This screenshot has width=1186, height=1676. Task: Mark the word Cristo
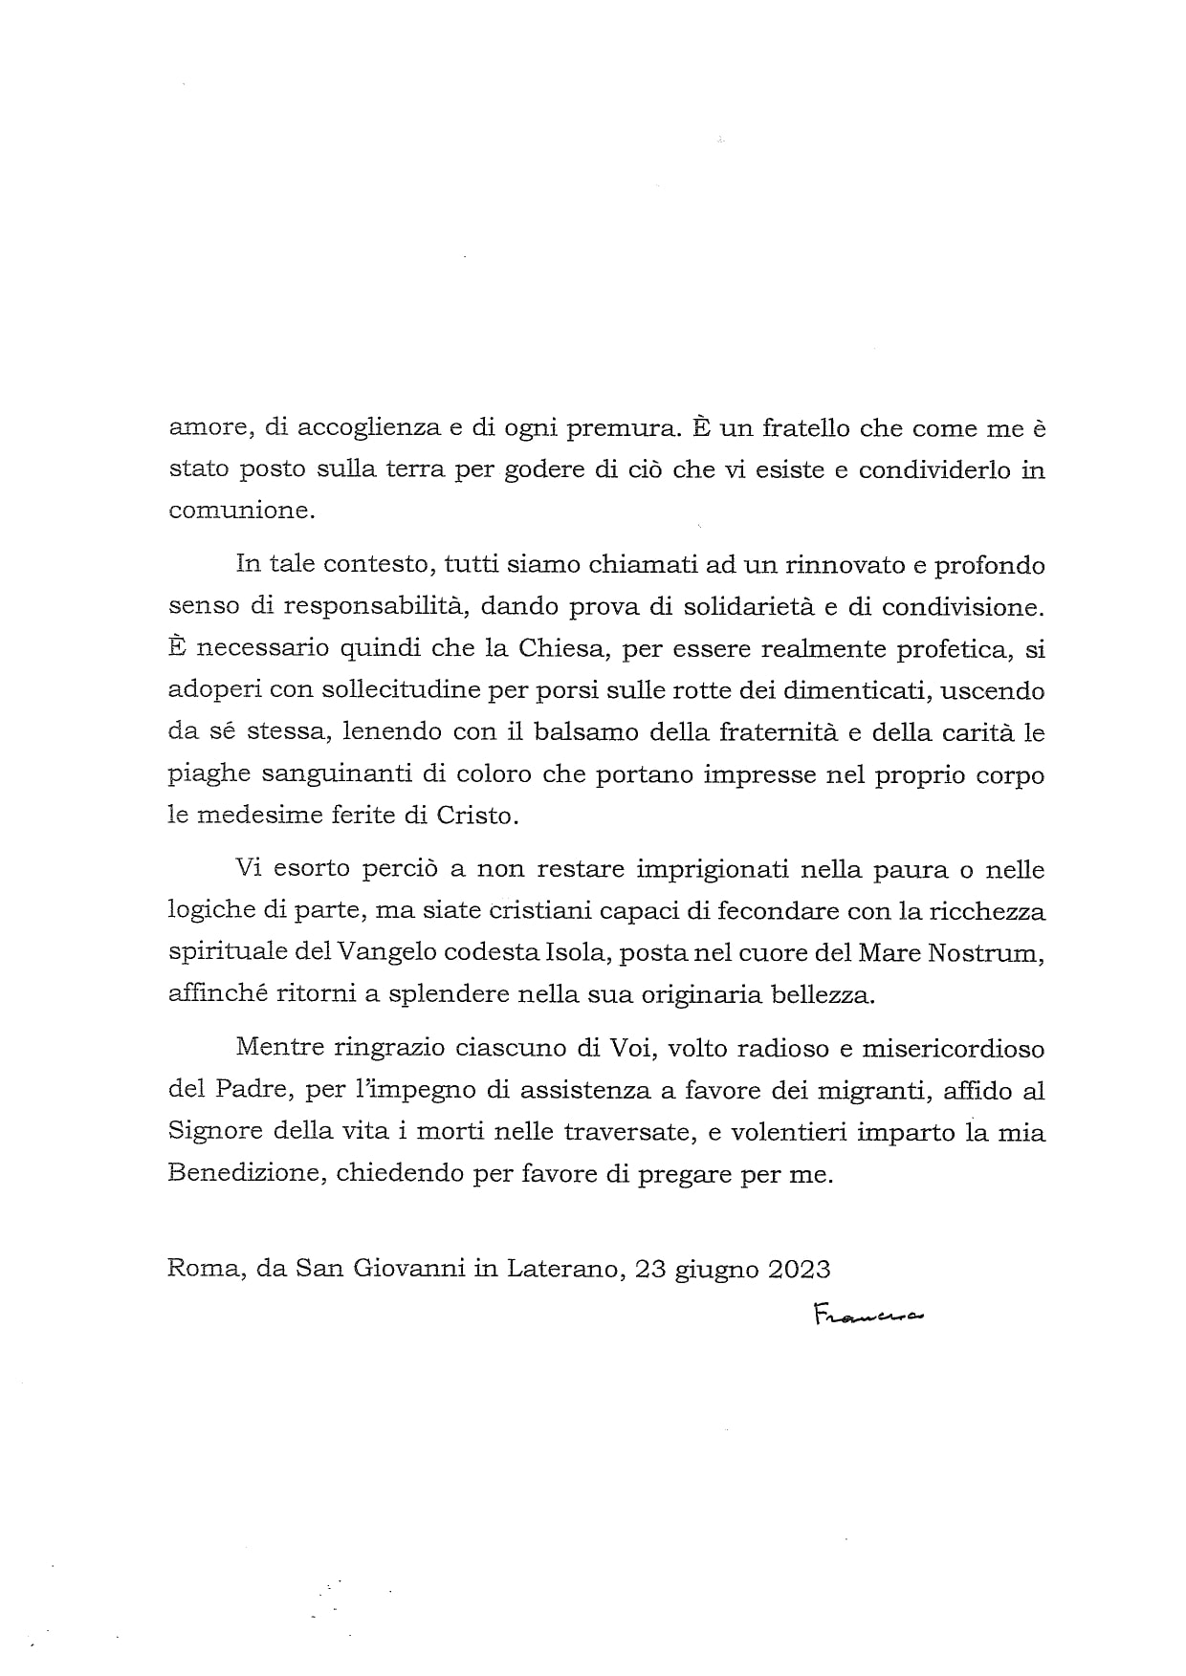coord(477,816)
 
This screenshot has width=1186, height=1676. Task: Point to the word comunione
coord(240,511)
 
